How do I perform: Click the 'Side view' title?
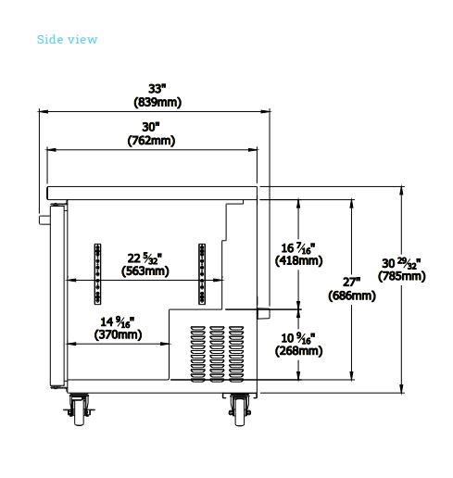[67, 40]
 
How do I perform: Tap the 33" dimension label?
[157, 89]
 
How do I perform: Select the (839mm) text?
[157, 102]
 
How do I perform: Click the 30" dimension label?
[151, 127]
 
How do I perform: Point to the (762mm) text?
[151, 141]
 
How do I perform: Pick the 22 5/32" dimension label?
[145, 258]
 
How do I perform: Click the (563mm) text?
[145, 271]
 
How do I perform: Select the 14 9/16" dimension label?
[118, 322]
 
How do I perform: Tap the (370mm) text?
[118, 334]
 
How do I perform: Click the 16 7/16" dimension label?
[298, 248]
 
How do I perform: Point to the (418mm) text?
[299, 261]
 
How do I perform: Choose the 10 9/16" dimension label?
[298, 338]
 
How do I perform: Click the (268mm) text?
[299, 351]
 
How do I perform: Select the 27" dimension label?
[351, 283]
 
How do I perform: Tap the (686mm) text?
[352, 296]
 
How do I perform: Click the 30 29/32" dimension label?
[401, 263]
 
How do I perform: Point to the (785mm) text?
[402, 276]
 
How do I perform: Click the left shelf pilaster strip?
[97, 274]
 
